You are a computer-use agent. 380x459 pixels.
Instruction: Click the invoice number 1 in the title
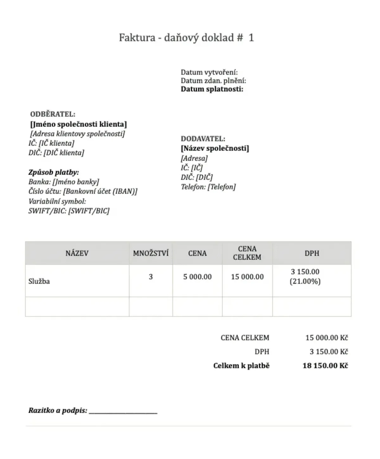coord(251,38)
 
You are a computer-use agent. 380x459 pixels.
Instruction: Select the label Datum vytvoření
coord(209,72)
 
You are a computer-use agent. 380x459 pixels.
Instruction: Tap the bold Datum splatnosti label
coord(212,89)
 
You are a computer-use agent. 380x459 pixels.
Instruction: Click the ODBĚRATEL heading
coord(53,114)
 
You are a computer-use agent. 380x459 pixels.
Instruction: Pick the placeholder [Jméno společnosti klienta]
coord(78,124)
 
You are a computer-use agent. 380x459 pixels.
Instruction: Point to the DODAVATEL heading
coord(203,139)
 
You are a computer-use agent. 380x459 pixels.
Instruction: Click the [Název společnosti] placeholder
coord(215,148)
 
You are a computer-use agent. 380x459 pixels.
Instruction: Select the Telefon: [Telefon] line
coord(208,187)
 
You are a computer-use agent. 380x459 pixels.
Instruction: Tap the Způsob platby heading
coord(54,172)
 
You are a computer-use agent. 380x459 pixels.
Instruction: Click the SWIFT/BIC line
coord(69,211)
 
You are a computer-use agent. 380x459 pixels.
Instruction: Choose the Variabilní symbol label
coord(57,201)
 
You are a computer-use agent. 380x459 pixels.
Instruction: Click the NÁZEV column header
coord(77,253)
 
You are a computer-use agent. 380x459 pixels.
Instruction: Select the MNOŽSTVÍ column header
coord(151,253)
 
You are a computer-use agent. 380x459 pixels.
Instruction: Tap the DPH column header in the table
coord(312,253)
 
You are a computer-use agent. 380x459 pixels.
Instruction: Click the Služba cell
coord(39,281)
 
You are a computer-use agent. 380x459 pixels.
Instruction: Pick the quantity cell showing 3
coord(151,277)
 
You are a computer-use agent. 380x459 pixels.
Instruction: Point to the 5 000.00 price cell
coord(197,277)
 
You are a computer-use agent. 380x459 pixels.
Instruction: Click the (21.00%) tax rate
coord(305,281)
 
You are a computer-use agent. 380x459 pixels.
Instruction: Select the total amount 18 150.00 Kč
coord(325,366)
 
